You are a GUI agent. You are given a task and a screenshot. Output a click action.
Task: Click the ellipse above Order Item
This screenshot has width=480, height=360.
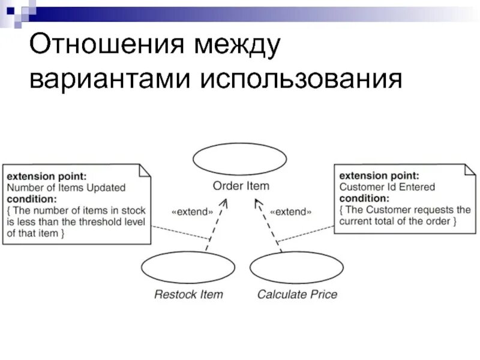(x=241, y=160)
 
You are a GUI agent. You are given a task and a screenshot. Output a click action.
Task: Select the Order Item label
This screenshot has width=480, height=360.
(x=241, y=186)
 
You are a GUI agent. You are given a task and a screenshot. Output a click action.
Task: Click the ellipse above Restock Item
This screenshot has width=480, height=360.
(x=188, y=268)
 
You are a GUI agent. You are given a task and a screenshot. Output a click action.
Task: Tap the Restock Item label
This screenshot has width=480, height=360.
(x=188, y=295)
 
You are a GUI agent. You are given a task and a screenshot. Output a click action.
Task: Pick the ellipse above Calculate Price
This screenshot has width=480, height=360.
(x=296, y=268)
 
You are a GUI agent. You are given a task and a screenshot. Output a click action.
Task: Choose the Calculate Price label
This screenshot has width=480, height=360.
(x=297, y=295)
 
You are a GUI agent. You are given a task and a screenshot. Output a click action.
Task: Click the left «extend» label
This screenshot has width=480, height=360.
(x=192, y=212)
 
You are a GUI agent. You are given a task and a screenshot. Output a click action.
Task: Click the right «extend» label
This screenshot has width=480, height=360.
(x=291, y=212)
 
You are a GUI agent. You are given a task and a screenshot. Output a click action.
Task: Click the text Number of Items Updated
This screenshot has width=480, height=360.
(x=66, y=188)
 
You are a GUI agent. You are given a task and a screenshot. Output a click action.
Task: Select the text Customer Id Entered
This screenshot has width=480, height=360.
(x=387, y=187)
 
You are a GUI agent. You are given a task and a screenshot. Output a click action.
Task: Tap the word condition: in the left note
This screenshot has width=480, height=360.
(x=32, y=199)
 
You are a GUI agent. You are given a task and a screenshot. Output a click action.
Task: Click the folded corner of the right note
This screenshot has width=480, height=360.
(x=469, y=170)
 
